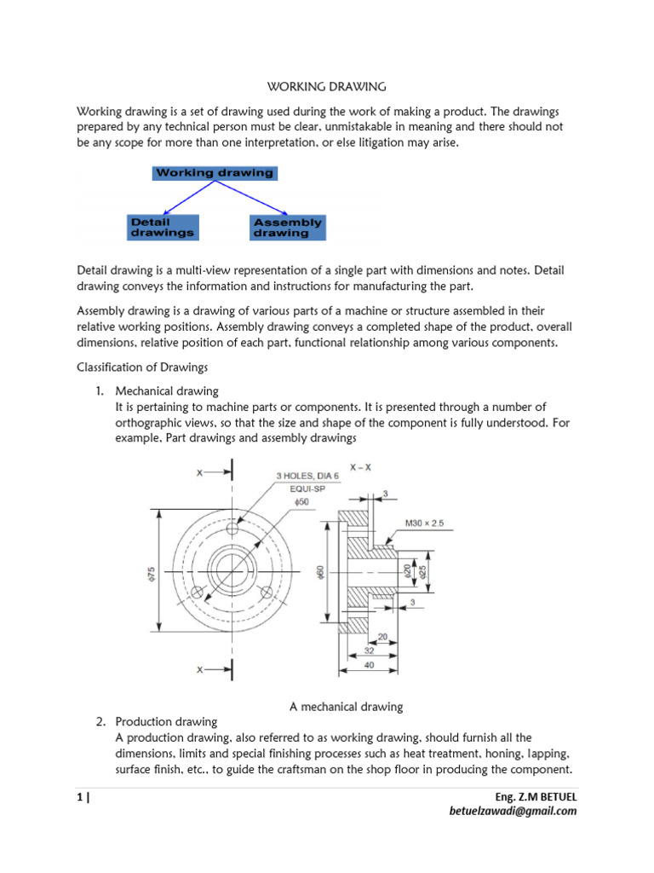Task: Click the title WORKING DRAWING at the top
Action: tap(327, 86)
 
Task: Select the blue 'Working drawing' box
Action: tap(214, 172)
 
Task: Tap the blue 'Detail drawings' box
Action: tap(162, 227)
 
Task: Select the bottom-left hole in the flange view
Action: tap(197, 592)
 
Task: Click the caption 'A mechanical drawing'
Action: tap(347, 706)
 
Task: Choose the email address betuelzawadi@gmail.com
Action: tap(513, 811)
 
